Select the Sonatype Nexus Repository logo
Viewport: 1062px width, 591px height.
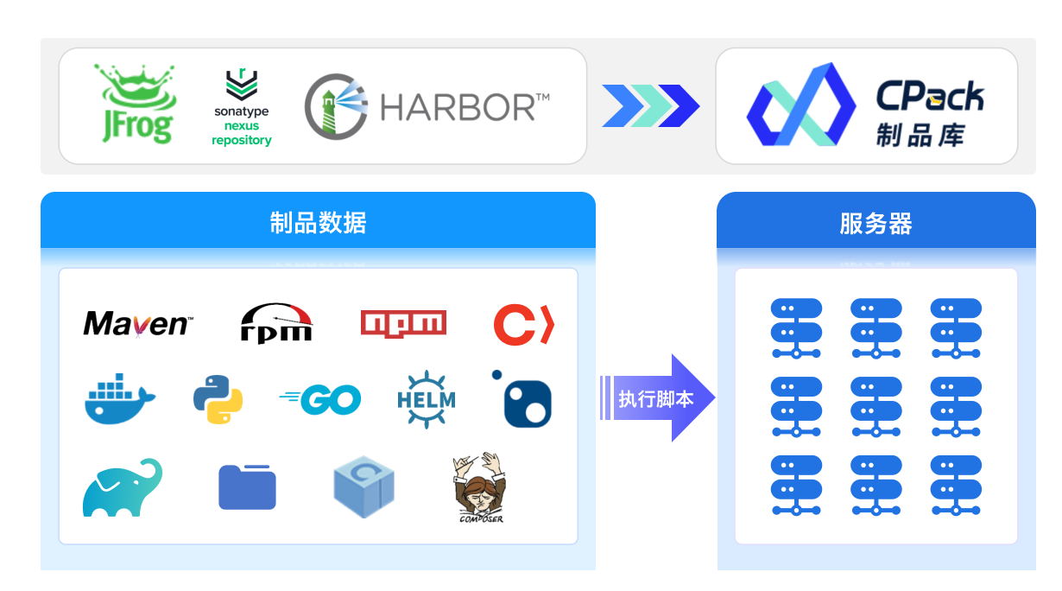point(242,108)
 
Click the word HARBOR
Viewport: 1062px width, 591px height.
point(465,107)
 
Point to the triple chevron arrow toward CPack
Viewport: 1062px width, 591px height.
point(650,106)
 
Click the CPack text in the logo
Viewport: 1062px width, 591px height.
point(930,96)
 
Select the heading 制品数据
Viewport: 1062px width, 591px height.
point(318,222)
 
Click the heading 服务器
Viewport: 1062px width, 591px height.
point(876,224)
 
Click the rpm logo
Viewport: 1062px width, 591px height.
point(275,324)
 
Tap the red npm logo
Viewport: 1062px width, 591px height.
point(403,323)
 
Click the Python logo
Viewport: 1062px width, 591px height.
point(218,399)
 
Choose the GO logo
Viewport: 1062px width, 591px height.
point(320,399)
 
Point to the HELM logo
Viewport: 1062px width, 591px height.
point(426,399)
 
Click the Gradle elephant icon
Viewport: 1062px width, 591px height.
point(123,488)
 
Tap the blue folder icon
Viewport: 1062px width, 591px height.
point(247,487)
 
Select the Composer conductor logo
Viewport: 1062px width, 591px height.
point(478,487)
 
